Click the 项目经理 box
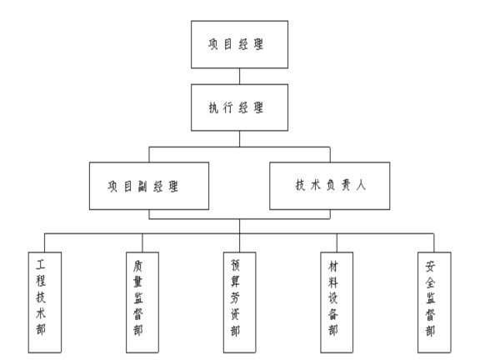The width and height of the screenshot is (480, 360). click(240, 43)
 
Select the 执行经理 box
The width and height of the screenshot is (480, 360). click(240, 108)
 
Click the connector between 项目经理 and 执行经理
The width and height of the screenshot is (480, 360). click(240, 76)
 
